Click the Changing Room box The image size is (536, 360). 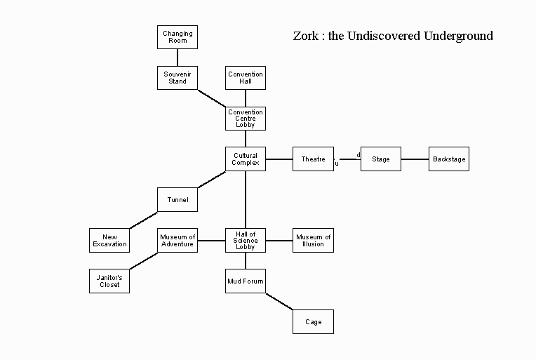[177, 37]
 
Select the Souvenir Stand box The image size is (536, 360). [177, 77]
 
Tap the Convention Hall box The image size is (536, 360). [246, 77]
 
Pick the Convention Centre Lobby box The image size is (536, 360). [246, 118]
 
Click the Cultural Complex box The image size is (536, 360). [246, 159]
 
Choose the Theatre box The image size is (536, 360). [313, 159]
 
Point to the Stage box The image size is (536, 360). [380, 159]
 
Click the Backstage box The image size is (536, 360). [449, 159]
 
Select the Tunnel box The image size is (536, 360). [177, 199]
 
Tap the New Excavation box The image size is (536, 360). [109, 240]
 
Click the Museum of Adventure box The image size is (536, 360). [177, 240]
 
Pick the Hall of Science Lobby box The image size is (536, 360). [246, 240]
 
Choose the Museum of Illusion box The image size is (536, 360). [313, 240]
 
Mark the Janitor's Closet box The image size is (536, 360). [109, 281]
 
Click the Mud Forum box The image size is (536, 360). [246, 281]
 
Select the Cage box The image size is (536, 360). [313, 321]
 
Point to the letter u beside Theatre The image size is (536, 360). [337, 164]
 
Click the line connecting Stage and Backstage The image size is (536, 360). [415, 159]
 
